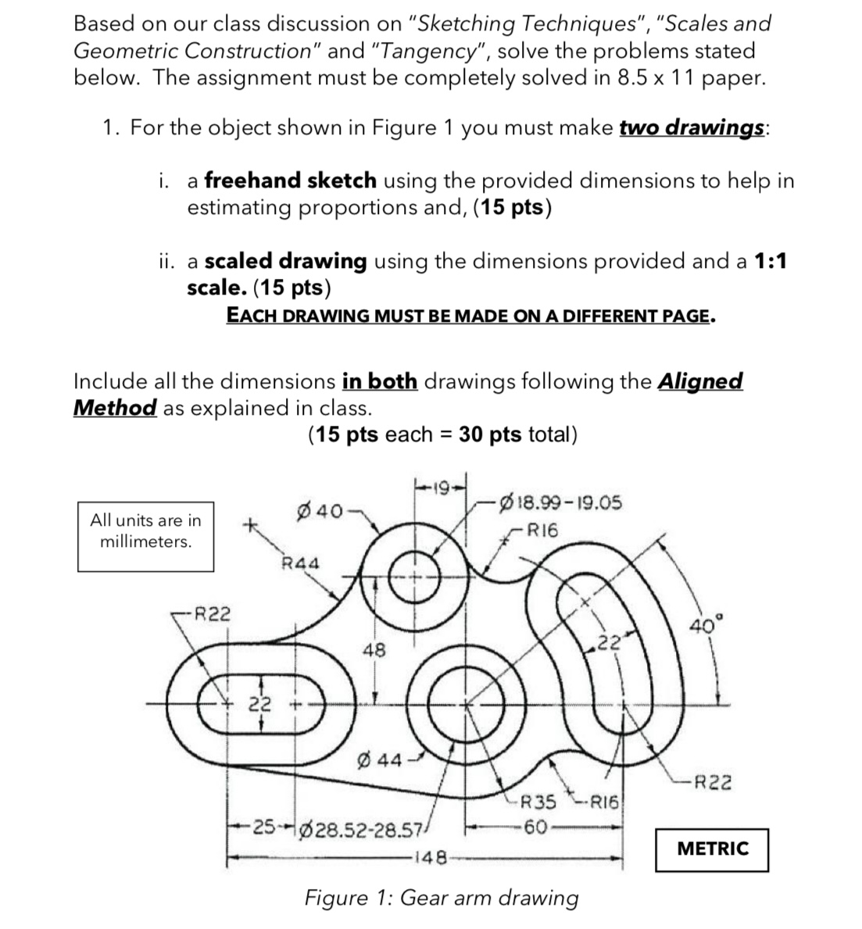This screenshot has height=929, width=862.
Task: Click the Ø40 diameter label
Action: tap(320, 512)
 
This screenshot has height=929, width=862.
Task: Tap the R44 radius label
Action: tap(300, 563)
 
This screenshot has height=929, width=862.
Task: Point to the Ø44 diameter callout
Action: tap(380, 759)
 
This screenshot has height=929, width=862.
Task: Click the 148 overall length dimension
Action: tap(429, 859)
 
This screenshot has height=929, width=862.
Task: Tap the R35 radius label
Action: tap(538, 802)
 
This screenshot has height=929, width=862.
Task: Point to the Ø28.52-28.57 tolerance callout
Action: tap(370, 828)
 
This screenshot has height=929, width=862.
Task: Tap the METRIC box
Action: tap(712, 849)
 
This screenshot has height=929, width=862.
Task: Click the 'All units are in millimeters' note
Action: tap(146, 531)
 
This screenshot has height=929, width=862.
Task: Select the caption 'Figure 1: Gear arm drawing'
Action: tap(442, 898)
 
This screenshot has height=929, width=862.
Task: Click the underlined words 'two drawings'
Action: tap(691, 128)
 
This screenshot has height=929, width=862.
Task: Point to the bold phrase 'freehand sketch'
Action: tap(290, 180)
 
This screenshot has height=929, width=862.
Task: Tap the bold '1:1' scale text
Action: tap(771, 261)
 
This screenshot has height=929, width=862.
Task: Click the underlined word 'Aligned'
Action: tap(700, 381)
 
